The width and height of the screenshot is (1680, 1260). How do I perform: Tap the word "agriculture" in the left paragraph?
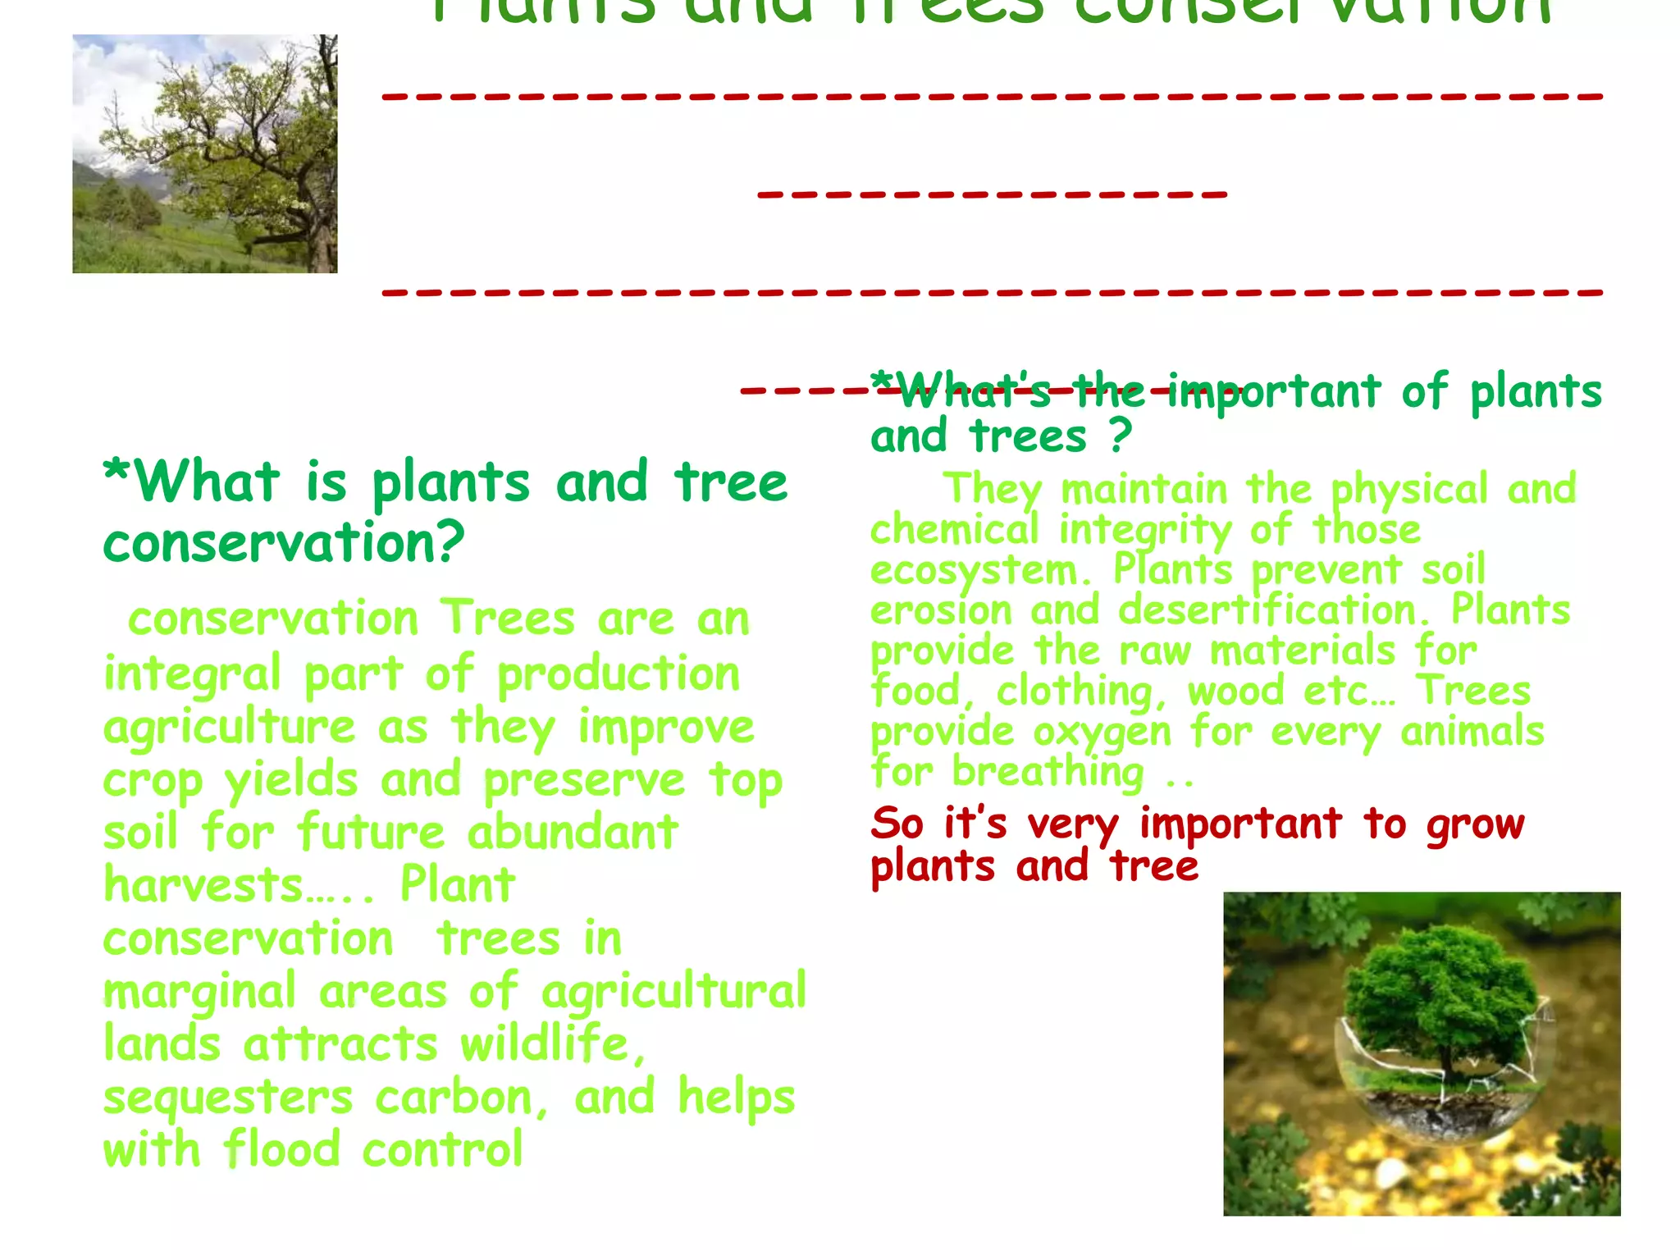229,728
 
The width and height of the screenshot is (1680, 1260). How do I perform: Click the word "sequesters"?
228,1098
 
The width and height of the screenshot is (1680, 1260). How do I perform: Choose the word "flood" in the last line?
281,1149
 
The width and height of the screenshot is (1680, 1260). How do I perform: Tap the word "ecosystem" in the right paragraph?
974,571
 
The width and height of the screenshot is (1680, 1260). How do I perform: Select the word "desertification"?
1267,610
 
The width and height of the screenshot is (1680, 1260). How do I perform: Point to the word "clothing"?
1075,692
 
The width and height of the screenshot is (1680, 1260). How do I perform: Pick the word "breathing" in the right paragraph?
1048,773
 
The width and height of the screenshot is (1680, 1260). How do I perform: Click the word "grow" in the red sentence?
1475,824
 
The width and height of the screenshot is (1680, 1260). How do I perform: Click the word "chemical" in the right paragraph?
954,530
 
